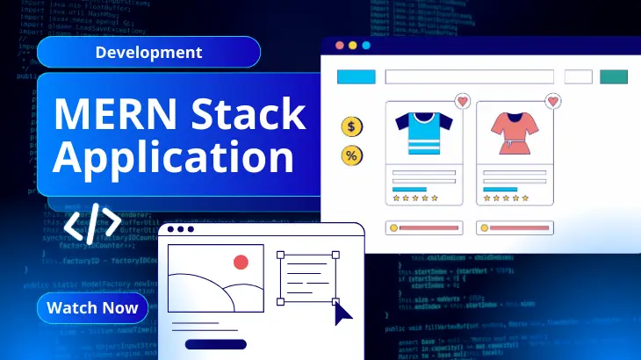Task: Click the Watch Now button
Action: coord(92,307)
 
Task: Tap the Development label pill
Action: coord(148,52)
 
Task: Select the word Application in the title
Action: coord(174,158)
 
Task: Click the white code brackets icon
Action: coord(92,223)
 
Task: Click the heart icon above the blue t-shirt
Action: coord(462,102)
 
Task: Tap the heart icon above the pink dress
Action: coord(552,102)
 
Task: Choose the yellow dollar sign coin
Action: coord(352,127)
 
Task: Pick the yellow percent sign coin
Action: coord(352,156)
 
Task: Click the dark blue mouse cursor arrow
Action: coord(342,312)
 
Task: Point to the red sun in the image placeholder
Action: coord(241,262)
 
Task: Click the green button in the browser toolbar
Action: coord(613,76)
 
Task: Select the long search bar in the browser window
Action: coord(469,76)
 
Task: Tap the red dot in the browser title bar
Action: coord(338,46)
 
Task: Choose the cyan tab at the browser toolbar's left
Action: coord(357,76)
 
